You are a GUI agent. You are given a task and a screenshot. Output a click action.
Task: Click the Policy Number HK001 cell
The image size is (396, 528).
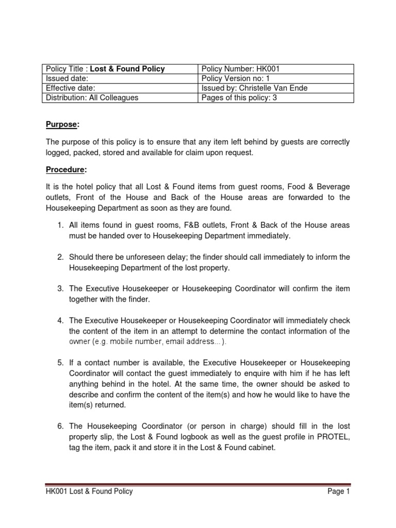tap(276, 69)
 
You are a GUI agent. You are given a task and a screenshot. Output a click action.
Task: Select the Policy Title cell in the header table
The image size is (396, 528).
tap(120, 69)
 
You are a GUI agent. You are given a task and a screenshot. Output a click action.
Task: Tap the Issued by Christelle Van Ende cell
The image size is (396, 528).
tap(276, 88)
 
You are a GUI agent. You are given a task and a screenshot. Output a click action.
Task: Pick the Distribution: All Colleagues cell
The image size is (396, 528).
tap(120, 97)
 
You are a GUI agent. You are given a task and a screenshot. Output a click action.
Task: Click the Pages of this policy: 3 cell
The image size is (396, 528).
tap(276, 97)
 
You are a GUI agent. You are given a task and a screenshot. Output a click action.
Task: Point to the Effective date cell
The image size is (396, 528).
tap(120, 88)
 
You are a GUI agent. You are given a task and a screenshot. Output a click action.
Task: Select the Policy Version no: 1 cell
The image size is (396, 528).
tap(276, 78)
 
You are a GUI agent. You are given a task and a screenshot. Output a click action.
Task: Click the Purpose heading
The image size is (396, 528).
tap(62, 125)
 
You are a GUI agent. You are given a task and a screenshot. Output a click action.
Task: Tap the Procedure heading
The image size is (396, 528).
tap(65, 170)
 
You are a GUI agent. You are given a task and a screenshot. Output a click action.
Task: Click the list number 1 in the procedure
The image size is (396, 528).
tap(60, 225)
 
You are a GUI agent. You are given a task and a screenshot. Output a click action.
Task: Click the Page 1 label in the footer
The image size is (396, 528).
tap(339, 491)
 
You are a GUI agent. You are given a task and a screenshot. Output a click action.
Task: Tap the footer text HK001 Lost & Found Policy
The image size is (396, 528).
tap(89, 491)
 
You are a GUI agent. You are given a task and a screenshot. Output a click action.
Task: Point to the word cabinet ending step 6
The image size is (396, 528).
tap(261, 448)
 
